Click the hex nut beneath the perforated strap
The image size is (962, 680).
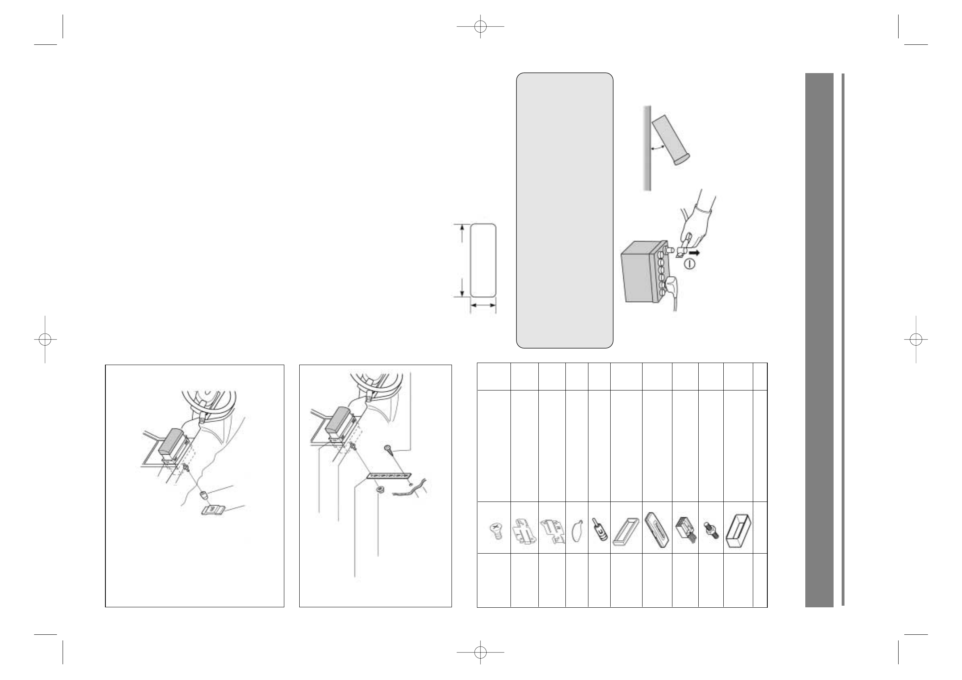380,489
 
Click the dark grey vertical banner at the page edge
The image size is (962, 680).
819,339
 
